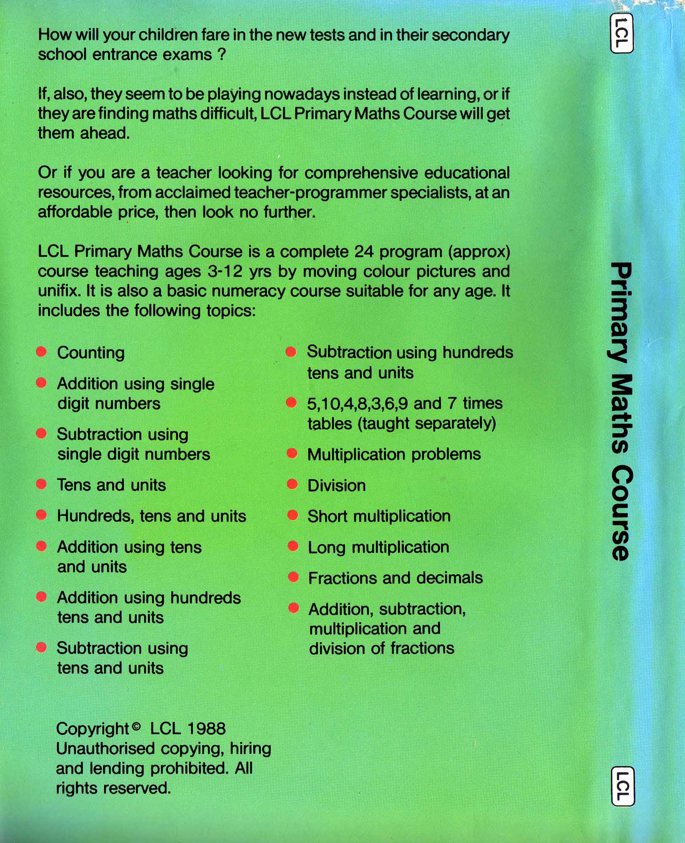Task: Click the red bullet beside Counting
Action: pos(41,352)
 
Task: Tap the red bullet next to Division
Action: pos(292,484)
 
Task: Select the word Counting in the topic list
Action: pos(91,353)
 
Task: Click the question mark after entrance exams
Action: pos(222,55)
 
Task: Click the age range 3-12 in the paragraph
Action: pos(225,271)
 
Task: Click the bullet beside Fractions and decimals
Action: pos(293,577)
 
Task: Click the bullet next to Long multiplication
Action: pos(293,546)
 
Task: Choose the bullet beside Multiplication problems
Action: pos(292,454)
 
